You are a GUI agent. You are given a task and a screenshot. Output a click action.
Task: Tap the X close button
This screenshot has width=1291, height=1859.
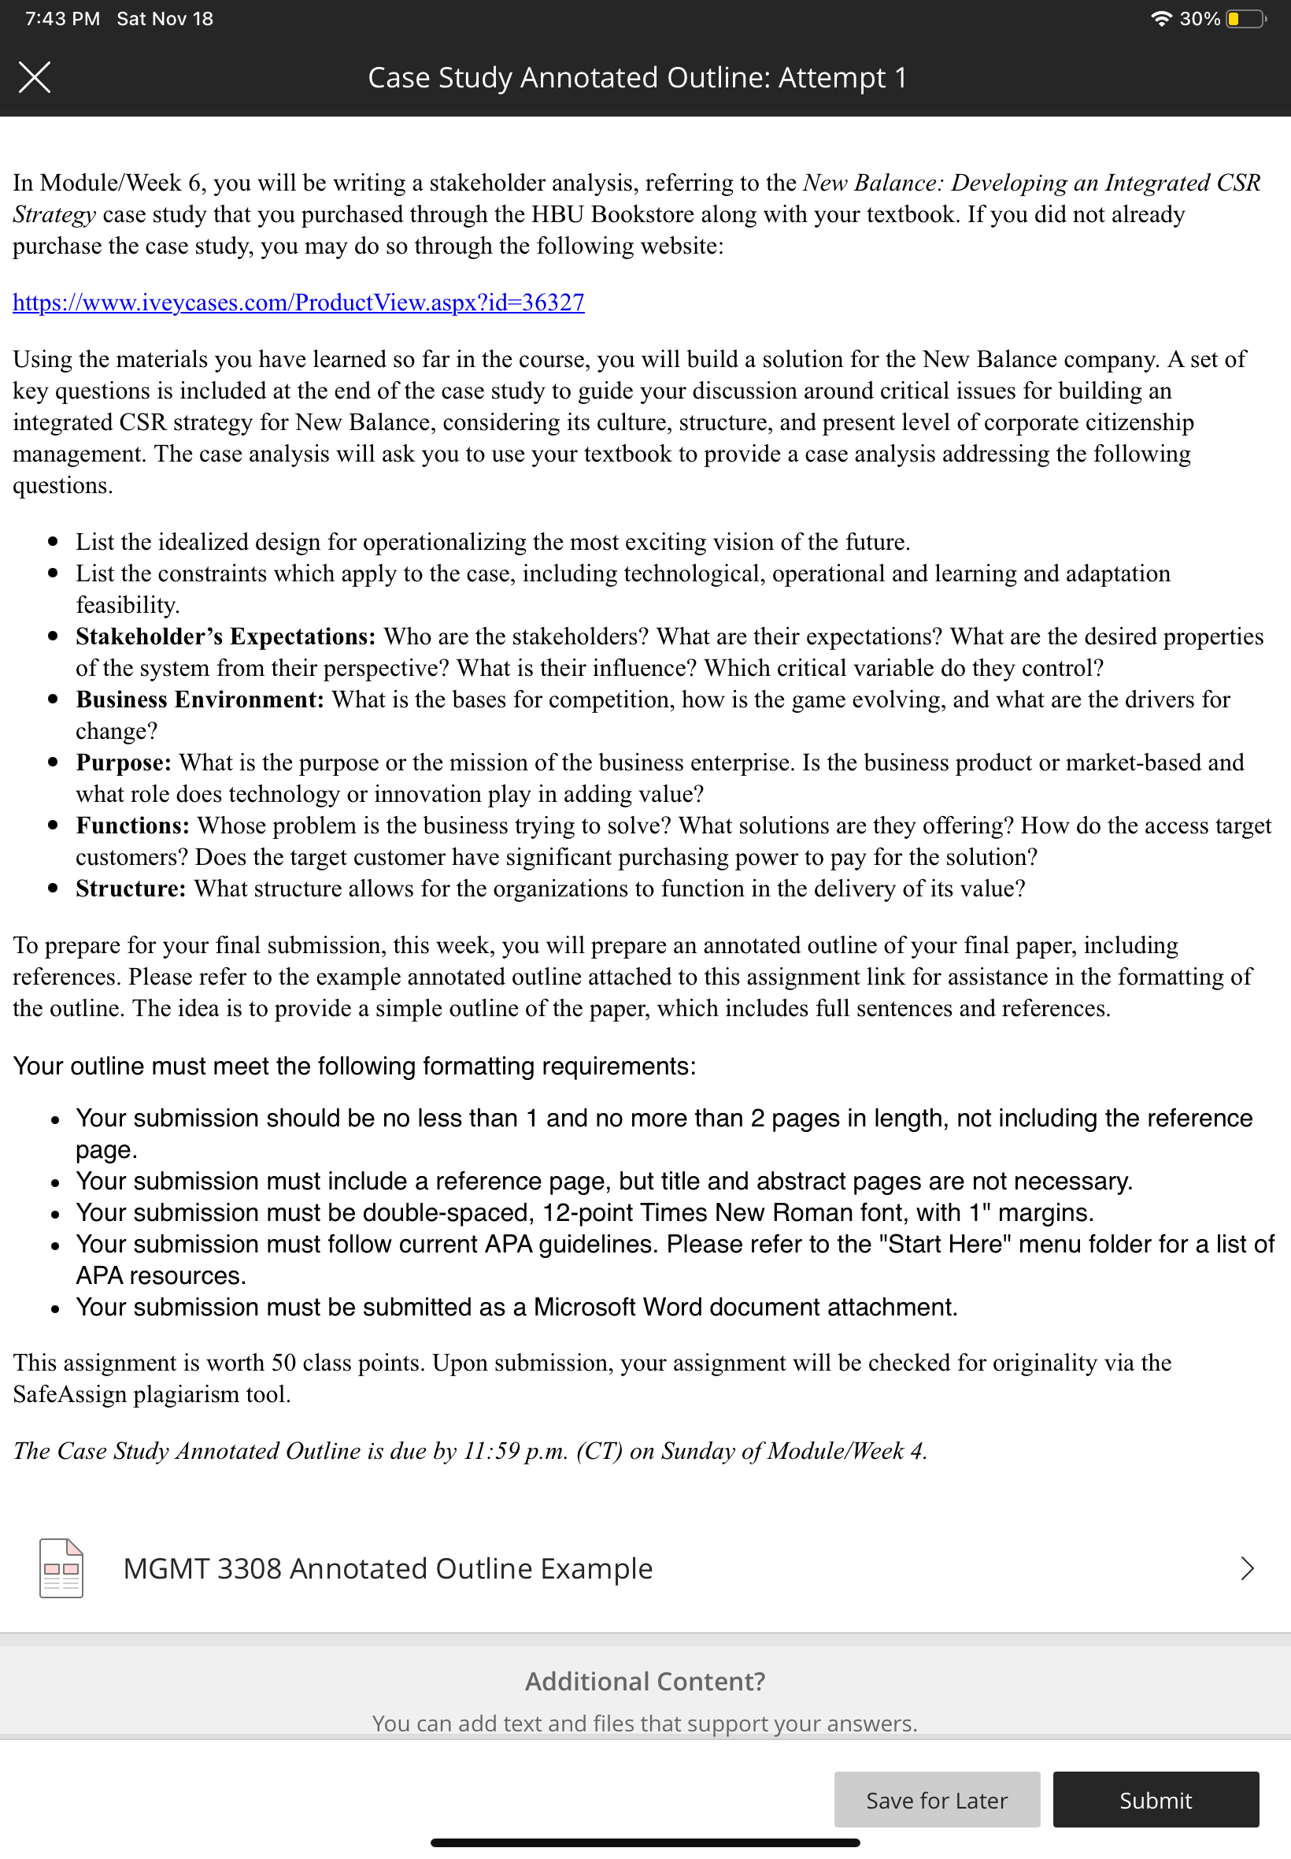pyautogui.click(x=35, y=78)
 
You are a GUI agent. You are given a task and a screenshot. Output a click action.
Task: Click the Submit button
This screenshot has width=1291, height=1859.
pyautogui.click(x=1155, y=1799)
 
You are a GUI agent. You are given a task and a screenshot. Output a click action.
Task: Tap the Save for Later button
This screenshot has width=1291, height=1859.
pyautogui.click(x=937, y=1799)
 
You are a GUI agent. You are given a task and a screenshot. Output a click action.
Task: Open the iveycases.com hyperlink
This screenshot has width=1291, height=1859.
pyautogui.click(x=298, y=302)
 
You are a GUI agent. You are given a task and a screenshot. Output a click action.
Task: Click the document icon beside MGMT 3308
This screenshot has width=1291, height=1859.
pyautogui.click(x=61, y=1568)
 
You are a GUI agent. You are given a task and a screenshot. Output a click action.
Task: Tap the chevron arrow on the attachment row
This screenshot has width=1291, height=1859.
pyautogui.click(x=1246, y=1568)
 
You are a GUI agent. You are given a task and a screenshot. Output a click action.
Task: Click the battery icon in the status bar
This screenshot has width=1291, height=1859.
pyautogui.click(x=1245, y=19)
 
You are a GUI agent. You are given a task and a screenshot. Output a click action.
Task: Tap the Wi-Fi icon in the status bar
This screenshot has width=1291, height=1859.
pyautogui.click(x=1161, y=19)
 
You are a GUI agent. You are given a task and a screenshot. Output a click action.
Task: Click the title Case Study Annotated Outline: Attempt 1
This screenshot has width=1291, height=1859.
pyautogui.click(x=638, y=78)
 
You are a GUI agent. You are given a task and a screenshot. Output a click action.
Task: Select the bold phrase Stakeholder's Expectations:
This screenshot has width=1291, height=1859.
pyautogui.click(x=226, y=637)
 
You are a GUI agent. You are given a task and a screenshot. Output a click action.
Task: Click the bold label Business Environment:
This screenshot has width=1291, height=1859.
pyautogui.click(x=200, y=700)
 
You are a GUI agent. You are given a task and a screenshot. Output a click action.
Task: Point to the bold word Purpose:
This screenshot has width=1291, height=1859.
pyautogui.click(x=124, y=763)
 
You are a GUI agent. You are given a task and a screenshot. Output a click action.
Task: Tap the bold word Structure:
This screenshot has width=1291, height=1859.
pyautogui.click(x=131, y=889)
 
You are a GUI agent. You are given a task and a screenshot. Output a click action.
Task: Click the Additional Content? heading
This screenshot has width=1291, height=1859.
pyautogui.click(x=645, y=1681)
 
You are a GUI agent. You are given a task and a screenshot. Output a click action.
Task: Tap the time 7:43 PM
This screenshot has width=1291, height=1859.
pyautogui.click(x=62, y=19)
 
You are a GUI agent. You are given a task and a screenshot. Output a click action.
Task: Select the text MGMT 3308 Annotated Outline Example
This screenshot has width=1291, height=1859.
pyautogui.click(x=387, y=1568)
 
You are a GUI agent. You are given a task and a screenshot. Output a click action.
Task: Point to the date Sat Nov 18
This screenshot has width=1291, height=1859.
pyautogui.click(x=165, y=19)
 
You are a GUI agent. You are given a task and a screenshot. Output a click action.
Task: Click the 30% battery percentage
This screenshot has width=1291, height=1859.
pyautogui.click(x=1199, y=19)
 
